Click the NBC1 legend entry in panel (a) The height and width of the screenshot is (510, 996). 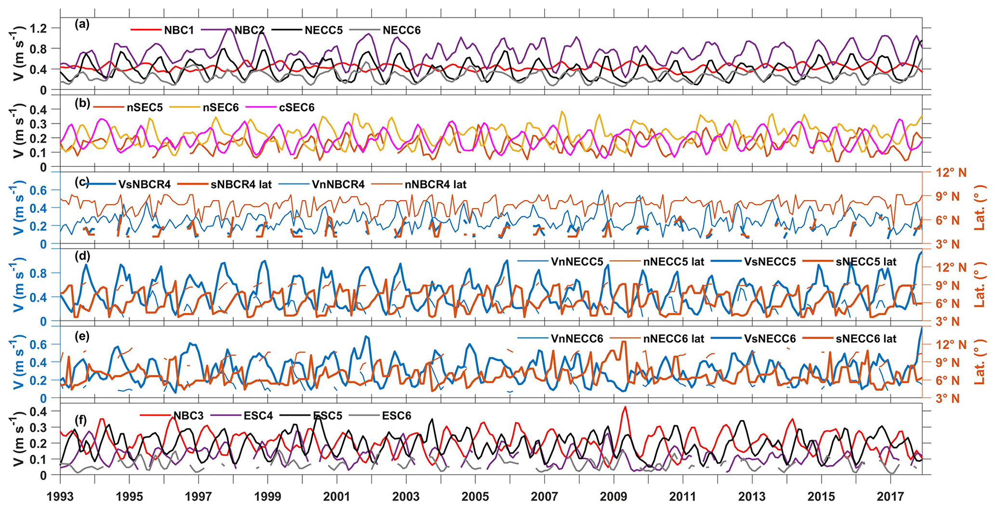coord(179,30)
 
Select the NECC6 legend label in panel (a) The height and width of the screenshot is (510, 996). coord(401,30)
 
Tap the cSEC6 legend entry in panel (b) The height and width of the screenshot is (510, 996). coord(296,107)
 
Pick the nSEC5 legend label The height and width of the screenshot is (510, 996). coord(145,107)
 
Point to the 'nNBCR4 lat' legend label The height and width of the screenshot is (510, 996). coord(436,184)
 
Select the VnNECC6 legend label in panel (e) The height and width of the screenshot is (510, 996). coord(577,339)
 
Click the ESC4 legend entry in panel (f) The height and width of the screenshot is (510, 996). coord(258,416)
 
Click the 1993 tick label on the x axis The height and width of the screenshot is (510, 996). coord(60,497)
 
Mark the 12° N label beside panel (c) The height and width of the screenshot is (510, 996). coord(944,172)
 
